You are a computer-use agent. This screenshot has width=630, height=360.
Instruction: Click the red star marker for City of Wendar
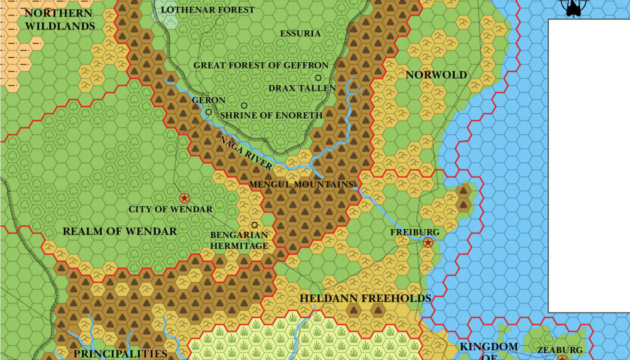click(x=183, y=198)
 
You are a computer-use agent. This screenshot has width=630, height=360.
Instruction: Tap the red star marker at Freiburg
click(x=428, y=242)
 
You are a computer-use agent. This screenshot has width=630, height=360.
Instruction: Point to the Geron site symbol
click(x=209, y=112)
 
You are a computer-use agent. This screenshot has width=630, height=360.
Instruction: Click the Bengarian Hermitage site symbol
click(x=254, y=225)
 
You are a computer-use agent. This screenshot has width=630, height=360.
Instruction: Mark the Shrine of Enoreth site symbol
click(x=244, y=106)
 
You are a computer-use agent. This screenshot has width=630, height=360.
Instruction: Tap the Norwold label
click(x=436, y=75)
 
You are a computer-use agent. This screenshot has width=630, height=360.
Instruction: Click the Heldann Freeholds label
click(x=365, y=298)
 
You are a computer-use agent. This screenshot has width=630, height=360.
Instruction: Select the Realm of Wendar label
click(x=120, y=231)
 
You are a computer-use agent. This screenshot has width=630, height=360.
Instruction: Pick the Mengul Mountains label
click(x=301, y=184)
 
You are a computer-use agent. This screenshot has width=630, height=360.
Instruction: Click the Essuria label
click(x=300, y=33)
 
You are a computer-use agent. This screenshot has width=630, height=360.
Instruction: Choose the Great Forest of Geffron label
click(x=261, y=65)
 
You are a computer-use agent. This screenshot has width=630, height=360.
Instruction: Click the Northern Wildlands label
click(x=59, y=19)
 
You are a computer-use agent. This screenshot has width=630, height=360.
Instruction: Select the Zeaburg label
click(x=560, y=350)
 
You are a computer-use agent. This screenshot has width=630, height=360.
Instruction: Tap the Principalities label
click(x=121, y=354)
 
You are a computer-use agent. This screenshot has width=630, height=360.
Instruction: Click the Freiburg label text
click(x=415, y=232)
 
